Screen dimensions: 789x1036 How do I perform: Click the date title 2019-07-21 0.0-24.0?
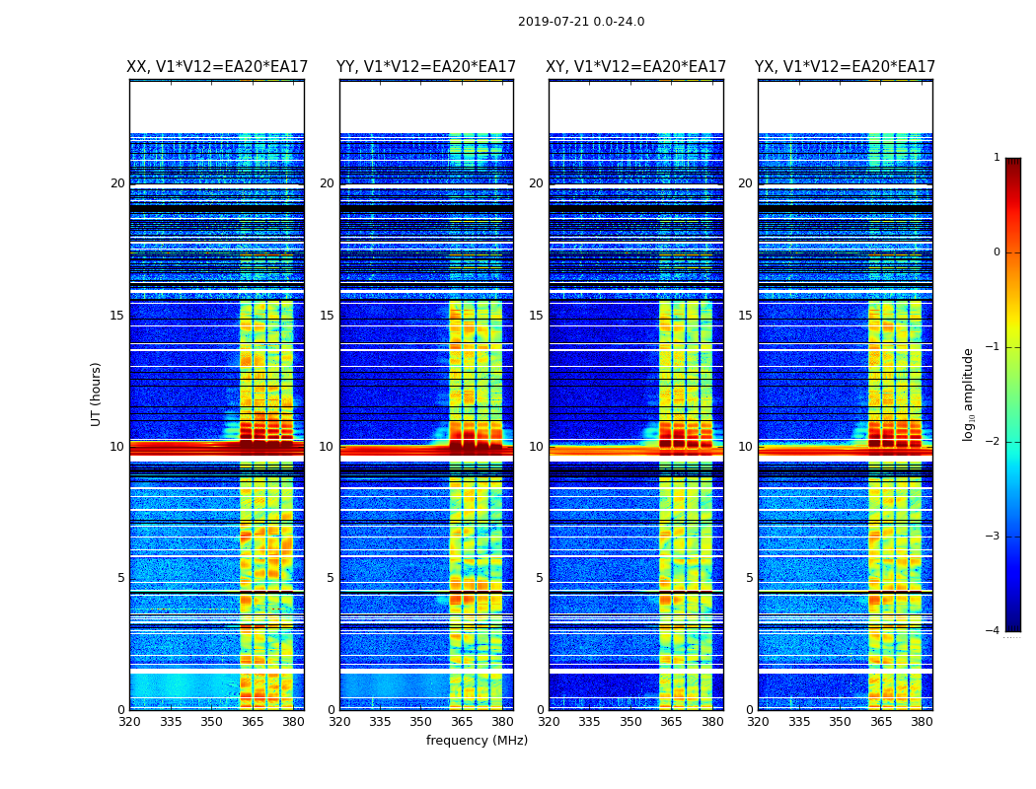coord(581,22)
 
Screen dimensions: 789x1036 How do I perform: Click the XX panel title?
coord(217,67)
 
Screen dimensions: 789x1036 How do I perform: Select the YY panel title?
coord(426,67)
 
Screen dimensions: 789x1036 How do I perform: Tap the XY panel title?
coord(636,67)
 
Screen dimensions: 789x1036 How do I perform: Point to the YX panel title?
coord(845,67)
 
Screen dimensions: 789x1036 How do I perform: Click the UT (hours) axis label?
coord(97,394)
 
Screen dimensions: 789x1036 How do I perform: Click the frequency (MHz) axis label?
coord(477,741)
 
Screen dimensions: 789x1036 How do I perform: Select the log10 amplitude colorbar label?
coord(969,394)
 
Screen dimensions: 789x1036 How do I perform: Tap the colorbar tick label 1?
coord(997,158)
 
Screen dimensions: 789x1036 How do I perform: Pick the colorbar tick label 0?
coord(997,252)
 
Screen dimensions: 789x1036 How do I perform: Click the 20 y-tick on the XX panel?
coord(117,183)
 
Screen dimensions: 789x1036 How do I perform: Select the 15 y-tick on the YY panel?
coord(327,316)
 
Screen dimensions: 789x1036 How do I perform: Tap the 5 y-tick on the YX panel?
coord(749,578)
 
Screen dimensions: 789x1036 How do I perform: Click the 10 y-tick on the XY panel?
coord(536,447)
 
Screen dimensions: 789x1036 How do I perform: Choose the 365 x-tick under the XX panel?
coord(253,722)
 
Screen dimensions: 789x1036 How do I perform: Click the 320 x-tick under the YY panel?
coord(339,722)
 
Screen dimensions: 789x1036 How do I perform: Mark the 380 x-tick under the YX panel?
coord(922,722)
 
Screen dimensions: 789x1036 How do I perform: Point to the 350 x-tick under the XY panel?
coord(630,722)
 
